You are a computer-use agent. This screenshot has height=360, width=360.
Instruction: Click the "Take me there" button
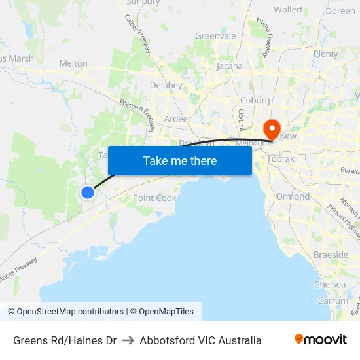pos(179,160)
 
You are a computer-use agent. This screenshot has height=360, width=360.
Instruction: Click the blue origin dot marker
pos(87,192)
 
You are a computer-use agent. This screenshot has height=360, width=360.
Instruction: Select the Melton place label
pos(73,63)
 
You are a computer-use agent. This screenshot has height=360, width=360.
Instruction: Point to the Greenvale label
pos(215,36)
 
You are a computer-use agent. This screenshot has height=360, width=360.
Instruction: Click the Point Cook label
pos(154,198)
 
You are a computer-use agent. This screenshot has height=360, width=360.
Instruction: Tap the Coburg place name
pos(255,100)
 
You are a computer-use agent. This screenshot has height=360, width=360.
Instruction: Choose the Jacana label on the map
pos(229,66)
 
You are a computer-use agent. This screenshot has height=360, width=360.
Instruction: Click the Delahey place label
pos(166,85)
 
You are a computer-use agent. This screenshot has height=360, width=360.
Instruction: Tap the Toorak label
pos(281,159)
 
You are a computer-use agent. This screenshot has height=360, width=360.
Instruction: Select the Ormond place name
pos(293,196)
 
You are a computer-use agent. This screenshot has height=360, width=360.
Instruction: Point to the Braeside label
pos(331,255)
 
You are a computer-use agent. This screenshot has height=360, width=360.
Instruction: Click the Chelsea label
pos(330,285)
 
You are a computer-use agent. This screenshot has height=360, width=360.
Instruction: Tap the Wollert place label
pos(288,10)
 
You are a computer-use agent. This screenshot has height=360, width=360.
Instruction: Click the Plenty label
pos(325,54)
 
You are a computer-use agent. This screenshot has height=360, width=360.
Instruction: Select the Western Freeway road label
pos(137,112)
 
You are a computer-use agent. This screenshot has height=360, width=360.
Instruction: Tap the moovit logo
pos(321,340)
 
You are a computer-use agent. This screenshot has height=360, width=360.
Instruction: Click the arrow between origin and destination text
pos(128,340)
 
